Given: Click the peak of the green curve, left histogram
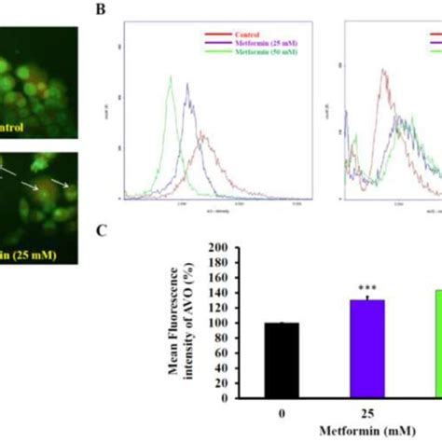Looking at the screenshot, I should point(171,77).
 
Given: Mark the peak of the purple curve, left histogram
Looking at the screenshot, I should point(187,85).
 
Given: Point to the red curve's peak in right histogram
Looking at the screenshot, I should point(384,70).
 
